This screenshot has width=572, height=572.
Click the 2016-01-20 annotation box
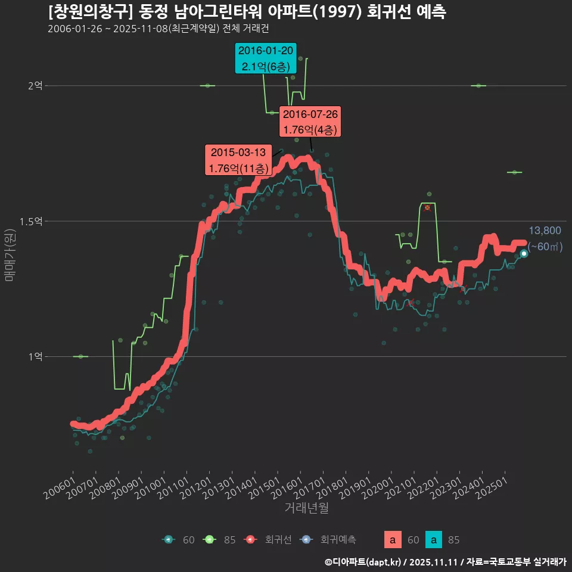[x=265, y=58]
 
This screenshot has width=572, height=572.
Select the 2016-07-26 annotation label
[x=310, y=122]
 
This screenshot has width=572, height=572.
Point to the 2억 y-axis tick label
[x=35, y=86]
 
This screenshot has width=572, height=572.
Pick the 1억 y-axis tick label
[x=35, y=356]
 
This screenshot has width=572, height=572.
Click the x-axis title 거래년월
[x=306, y=508]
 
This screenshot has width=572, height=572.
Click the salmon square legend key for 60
[x=392, y=540]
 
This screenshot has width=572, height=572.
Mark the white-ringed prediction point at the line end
[x=524, y=253]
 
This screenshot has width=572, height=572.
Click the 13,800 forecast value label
[x=545, y=231]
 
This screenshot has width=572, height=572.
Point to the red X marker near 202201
[x=427, y=208]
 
